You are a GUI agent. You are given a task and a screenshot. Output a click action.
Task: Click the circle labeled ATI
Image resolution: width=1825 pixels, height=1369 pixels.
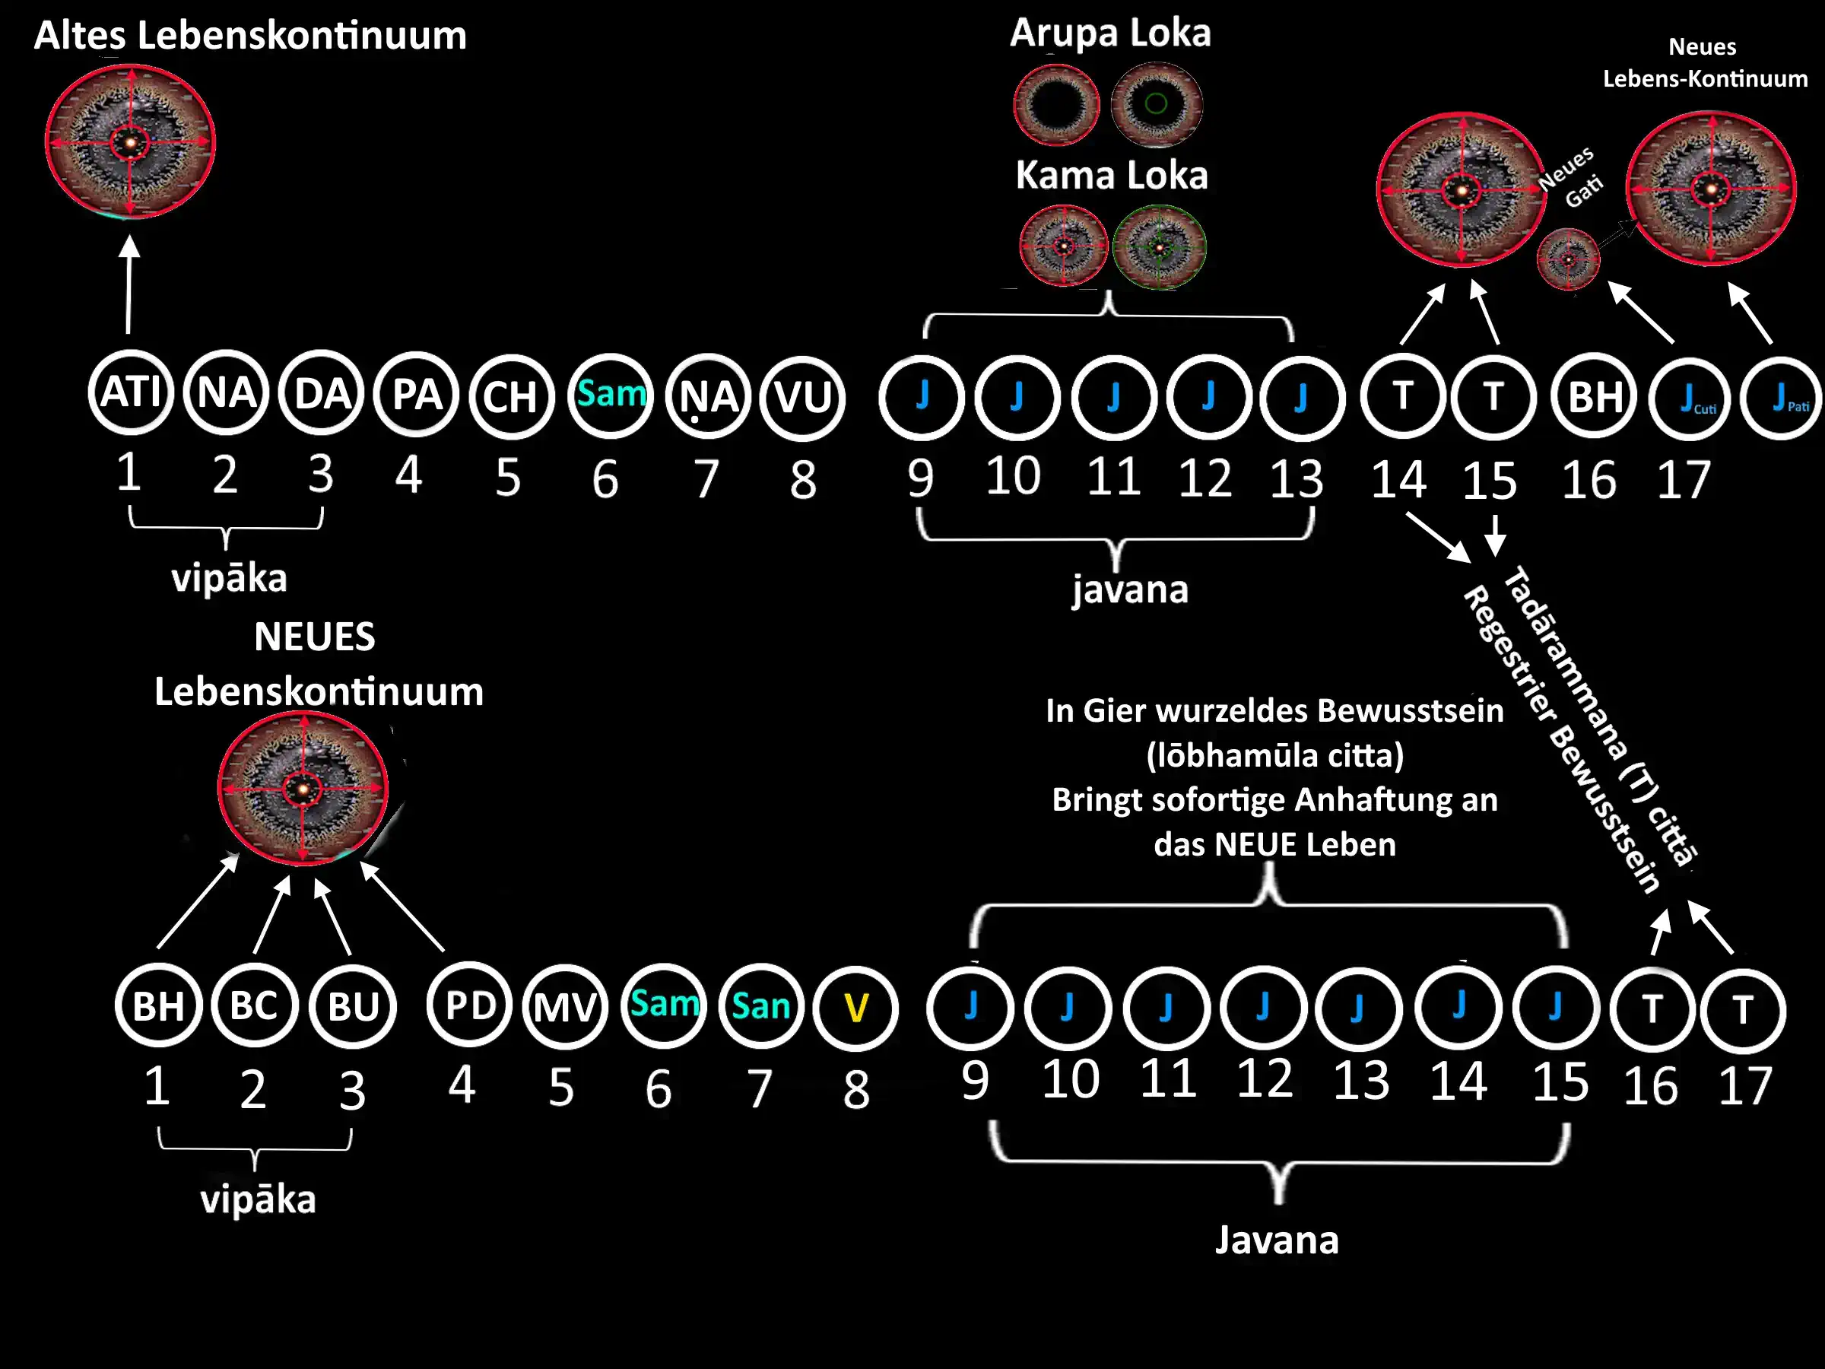[x=130, y=392]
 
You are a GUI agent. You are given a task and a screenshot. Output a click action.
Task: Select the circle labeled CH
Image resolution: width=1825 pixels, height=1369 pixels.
[x=511, y=398]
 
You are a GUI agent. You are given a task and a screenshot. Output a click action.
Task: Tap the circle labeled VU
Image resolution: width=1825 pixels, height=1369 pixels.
[x=802, y=398]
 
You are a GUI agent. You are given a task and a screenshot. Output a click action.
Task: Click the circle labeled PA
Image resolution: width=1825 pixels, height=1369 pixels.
[x=416, y=395]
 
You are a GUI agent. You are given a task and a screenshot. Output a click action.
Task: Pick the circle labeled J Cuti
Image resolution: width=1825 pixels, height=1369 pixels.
[x=1690, y=399]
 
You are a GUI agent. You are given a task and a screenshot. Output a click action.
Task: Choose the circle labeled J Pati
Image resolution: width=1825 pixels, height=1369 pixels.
[x=1782, y=399]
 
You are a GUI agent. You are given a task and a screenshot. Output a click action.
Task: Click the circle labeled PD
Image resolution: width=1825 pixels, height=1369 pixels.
[x=469, y=1005]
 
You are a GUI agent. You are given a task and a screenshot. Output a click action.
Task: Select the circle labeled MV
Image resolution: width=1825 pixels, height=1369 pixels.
[x=564, y=1008]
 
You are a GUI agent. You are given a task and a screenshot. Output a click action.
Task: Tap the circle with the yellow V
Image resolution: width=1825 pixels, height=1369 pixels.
[x=855, y=1008]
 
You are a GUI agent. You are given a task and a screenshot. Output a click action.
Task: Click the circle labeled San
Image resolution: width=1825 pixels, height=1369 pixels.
[x=760, y=1006]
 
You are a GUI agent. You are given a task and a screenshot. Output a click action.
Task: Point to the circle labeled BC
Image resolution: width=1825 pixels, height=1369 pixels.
[x=254, y=1005]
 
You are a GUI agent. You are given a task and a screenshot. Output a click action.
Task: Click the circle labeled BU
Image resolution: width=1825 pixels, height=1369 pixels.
[x=353, y=1007]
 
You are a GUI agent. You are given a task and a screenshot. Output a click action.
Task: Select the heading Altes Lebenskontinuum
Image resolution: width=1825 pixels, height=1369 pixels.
[x=250, y=36]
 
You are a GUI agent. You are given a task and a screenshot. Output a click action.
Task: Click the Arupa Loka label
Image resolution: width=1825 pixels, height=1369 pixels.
[x=1110, y=33]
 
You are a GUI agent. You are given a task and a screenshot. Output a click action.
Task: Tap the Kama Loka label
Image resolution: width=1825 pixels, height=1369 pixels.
[x=1111, y=175]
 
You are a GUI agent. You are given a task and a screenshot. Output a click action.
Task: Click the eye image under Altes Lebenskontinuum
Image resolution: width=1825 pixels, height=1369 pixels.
[x=130, y=143]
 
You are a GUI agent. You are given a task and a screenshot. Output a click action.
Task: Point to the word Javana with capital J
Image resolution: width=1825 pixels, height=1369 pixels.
[x=1276, y=1240]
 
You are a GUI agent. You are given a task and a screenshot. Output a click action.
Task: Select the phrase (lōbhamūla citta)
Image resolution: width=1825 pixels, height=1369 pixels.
[x=1274, y=755]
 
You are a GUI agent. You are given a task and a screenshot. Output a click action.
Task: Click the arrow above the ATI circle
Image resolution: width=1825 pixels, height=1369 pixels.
[x=129, y=284]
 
